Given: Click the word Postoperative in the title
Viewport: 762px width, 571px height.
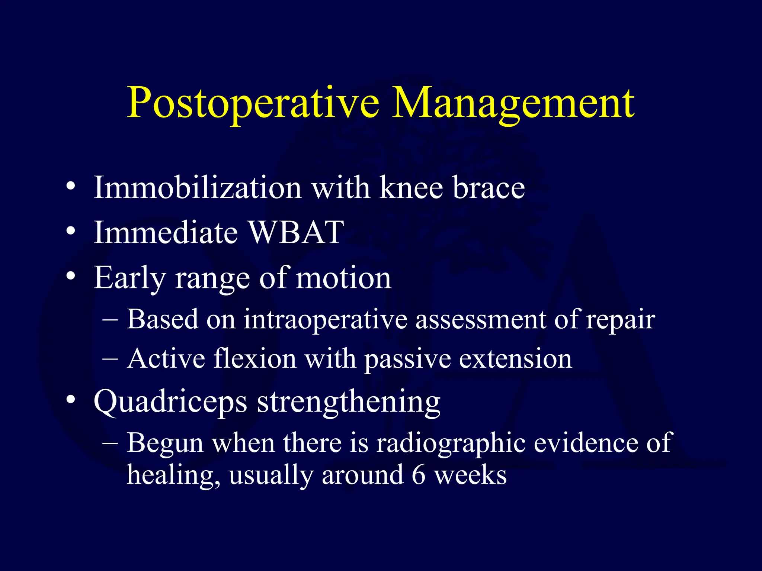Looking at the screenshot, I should (253, 103).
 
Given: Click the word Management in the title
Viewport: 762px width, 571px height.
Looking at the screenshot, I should (513, 103).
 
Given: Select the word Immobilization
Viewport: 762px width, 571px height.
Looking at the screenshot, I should (197, 188).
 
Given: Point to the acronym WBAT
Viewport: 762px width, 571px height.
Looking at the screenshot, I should (296, 232).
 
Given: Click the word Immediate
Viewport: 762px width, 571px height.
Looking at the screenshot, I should (166, 232).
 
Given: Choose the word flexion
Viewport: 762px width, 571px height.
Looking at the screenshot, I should (255, 359).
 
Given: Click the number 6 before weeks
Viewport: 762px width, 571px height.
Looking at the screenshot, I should (419, 475).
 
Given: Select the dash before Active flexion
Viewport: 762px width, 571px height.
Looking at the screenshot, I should (110, 359).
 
